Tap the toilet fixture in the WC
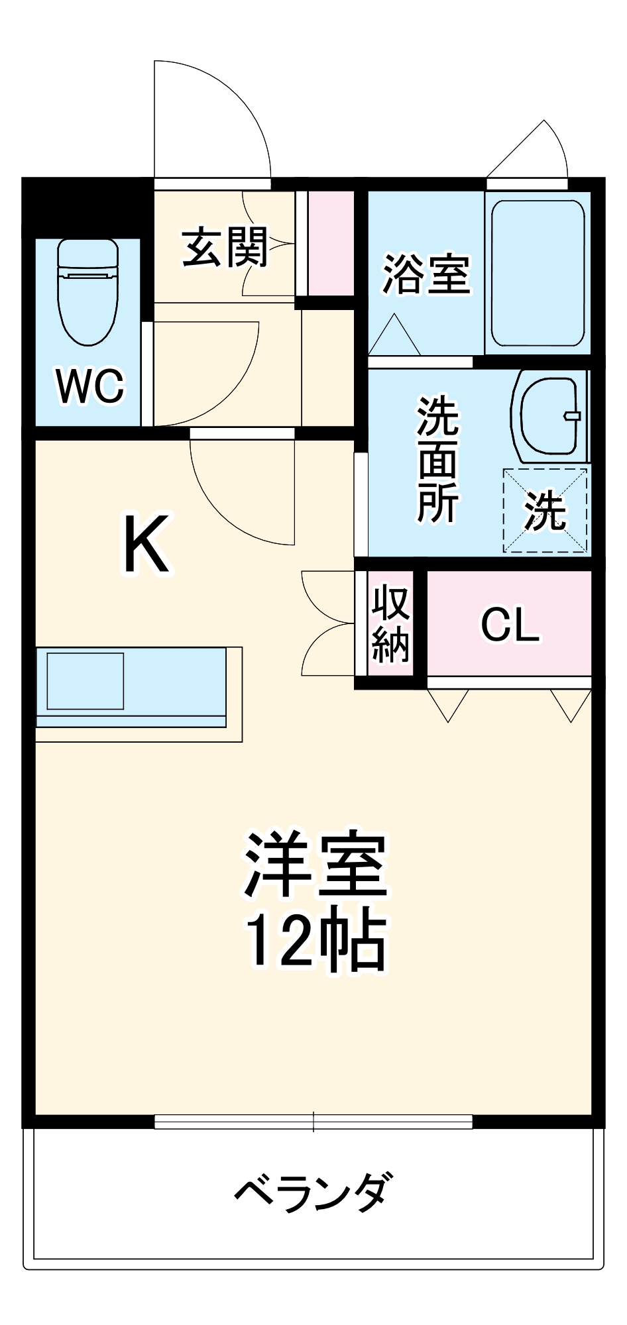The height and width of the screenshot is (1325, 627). pos(87,291)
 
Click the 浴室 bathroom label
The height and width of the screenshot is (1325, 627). pos(426,274)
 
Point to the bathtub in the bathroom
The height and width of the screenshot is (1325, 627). pos(538,273)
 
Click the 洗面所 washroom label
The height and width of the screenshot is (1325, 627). pos(437,459)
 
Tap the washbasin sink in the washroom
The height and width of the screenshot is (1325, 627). pos(549,416)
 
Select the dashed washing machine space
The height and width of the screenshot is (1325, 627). pos(545,510)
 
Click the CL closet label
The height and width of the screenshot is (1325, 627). pos(510,624)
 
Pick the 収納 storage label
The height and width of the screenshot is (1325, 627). pos(390,623)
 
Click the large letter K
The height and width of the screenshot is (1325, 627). pos(146,544)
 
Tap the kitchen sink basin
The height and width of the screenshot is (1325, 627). pos(85,681)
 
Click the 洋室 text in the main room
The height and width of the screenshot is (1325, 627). pos(315,864)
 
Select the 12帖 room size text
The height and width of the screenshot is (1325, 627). pos(315,941)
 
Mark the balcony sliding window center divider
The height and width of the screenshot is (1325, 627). pos(313,1122)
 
